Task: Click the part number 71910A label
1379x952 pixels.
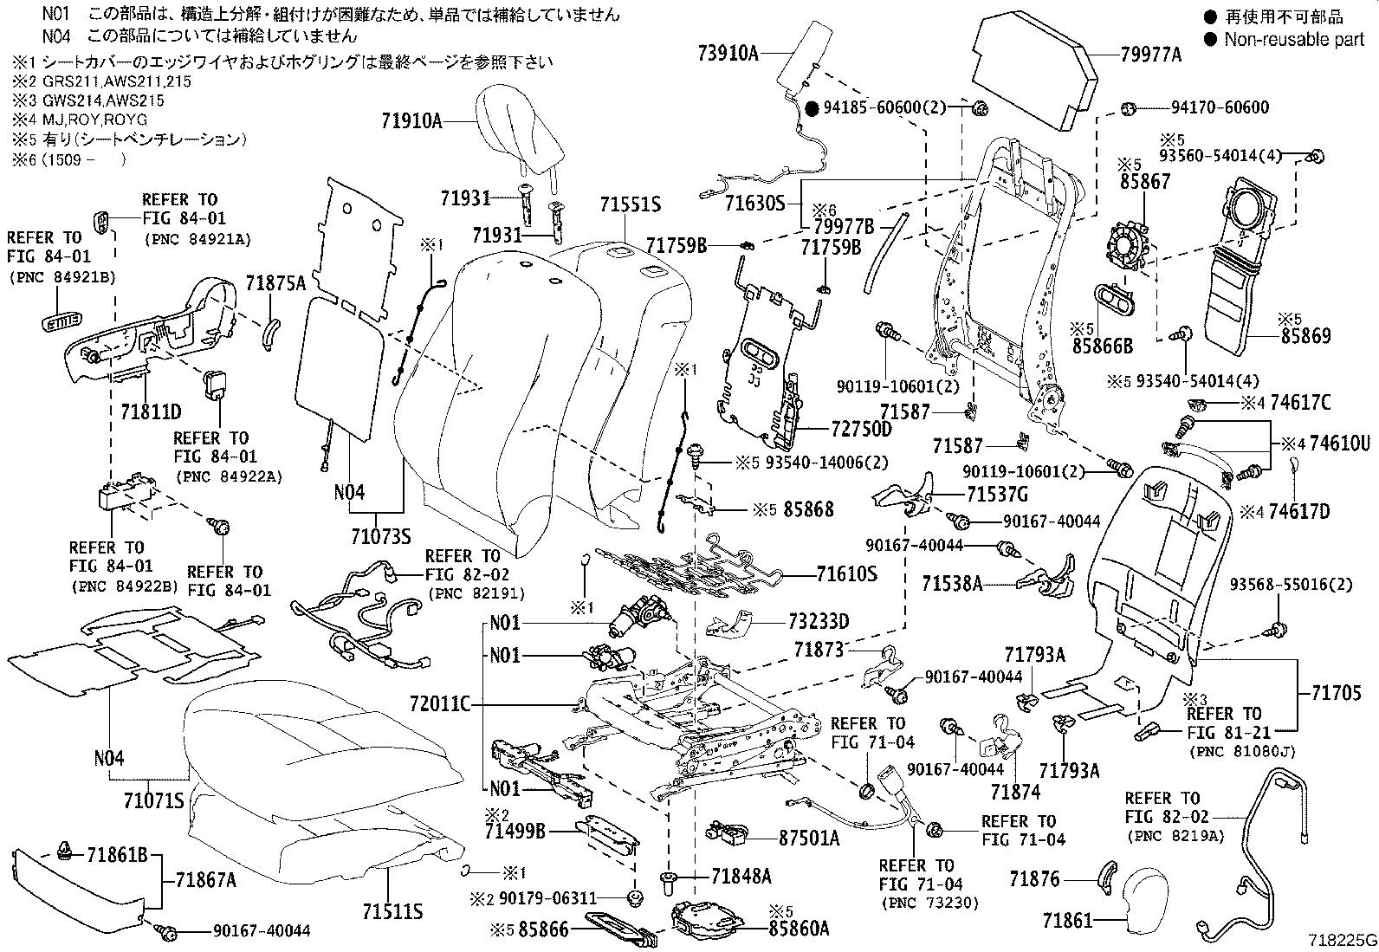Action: click(x=411, y=121)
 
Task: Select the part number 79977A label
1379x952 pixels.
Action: click(x=1150, y=55)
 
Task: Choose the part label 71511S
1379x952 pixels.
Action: click(x=392, y=911)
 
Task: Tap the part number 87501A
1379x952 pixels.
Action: click(x=809, y=838)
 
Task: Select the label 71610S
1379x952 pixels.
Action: click(x=846, y=573)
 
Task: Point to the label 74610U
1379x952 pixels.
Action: click(x=1339, y=444)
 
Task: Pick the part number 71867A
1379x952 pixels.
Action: click(x=205, y=879)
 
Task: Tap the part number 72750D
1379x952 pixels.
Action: click(x=861, y=429)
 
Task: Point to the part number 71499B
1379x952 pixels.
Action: click(x=515, y=832)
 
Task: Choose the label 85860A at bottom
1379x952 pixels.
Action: click(x=799, y=929)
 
